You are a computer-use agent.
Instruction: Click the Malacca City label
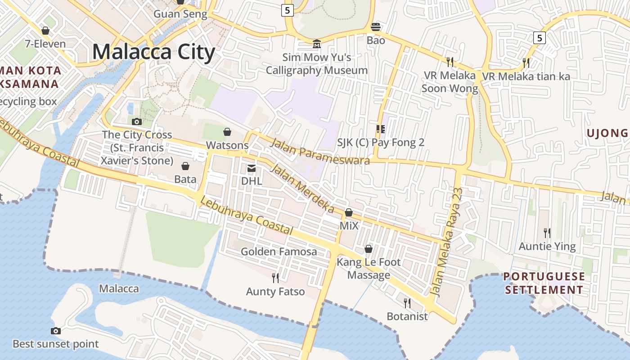pyautogui.click(x=153, y=52)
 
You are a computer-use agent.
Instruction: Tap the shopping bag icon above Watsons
pyautogui.click(x=227, y=132)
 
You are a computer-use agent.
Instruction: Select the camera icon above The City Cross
pyautogui.click(x=137, y=121)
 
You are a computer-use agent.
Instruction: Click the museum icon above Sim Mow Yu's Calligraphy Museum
pyautogui.click(x=317, y=44)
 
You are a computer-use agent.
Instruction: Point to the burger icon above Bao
pyautogui.click(x=376, y=27)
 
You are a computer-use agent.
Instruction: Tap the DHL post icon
pyautogui.click(x=252, y=168)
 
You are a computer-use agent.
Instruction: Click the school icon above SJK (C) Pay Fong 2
pyautogui.click(x=381, y=130)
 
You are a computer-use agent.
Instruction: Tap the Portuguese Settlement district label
pyautogui.click(x=544, y=283)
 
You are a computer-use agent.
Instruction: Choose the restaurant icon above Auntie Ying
pyautogui.click(x=547, y=233)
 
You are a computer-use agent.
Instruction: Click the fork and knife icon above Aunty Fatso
pyautogui.click(x=275, y=278)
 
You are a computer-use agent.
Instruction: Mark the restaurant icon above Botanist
pyautogui.click(x=407, y=303)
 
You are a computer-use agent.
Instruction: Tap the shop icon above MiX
pyautogui.click(x=349, y=212)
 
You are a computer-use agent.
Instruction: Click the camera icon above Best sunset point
pyautogui.click(x=56, y=331)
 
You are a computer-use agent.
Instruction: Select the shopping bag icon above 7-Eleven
pyautogui.click(x=45, y=31)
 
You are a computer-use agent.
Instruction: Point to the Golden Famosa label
pyautogui.click(x=279, y=251)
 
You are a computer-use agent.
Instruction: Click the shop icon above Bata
pyautogui.click(x=185, y=166)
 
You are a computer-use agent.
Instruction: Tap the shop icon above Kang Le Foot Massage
pyautogui.click(x=369, y=249)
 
